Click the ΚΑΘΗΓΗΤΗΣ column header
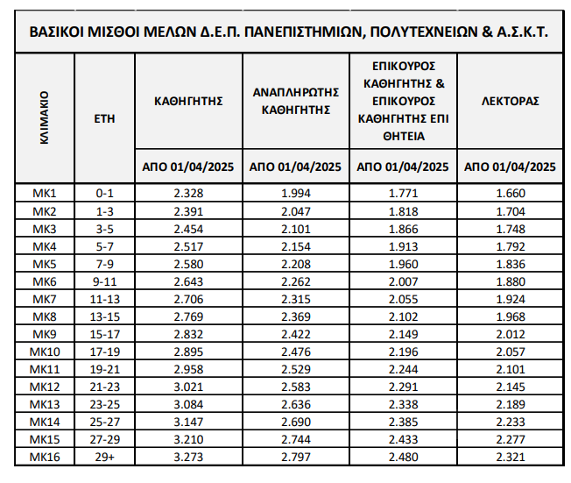click(188, 101)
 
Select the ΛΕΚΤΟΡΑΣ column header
click(511, 101)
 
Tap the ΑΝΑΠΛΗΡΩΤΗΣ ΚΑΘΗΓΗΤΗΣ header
click(296, 101)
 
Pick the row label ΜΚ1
click(44, 193)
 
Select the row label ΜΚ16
click(44, 457)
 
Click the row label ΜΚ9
click(44, 334)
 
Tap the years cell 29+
click(104, 457)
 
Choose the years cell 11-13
click(104, 299)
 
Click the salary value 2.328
click(188, 193)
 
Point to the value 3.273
click(188, 457)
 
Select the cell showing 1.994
click(296, 193)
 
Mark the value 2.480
click(403, 457)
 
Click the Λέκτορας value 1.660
click(511, 193)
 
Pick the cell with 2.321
click(511, 457)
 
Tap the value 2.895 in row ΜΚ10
click(188, 352)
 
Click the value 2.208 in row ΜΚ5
click(296, 264)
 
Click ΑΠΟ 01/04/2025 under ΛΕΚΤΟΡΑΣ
click(511, 167)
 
